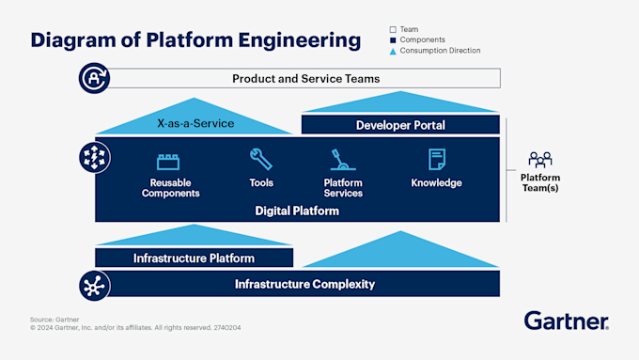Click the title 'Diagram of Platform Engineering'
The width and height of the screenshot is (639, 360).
point(195,40)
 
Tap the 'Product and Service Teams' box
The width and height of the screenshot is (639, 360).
point(305,79)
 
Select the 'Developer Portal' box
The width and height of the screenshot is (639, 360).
point(400,125)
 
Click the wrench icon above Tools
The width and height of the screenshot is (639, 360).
point(261,159)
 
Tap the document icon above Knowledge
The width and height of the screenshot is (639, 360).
point(436,159)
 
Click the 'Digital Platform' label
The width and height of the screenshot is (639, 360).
point(297,211)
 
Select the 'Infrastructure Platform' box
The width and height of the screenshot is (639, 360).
point(194,258)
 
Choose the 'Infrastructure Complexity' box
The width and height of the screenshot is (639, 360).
point(304,284)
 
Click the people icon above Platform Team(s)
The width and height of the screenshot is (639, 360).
point(540,159)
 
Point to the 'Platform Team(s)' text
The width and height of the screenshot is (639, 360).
point(540,183)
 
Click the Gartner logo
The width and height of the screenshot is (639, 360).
point(566,321)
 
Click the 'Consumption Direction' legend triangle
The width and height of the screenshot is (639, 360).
point(393,51)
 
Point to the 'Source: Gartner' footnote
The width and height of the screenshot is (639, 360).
point(53,320)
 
